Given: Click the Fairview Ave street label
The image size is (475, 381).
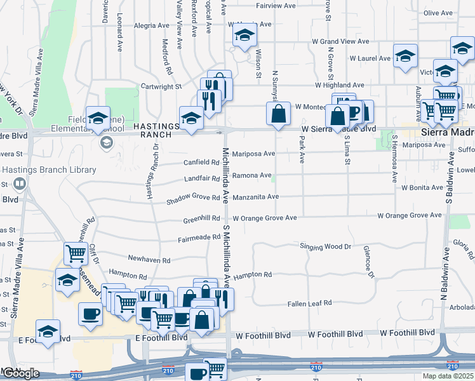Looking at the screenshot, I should point(276,6).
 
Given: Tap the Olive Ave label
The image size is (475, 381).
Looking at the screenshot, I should point(438,13).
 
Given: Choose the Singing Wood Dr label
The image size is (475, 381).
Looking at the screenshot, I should point(325,246).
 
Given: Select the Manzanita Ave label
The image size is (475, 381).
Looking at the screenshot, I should point(255,197).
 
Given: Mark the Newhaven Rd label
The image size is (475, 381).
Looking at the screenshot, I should point(149,260).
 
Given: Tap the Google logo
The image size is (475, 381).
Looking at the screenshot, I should point(21,373).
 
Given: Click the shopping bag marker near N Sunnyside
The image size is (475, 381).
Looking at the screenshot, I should point(278,115).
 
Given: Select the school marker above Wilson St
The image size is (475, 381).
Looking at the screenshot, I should point(244,37).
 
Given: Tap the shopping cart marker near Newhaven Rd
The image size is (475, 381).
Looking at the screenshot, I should point(76,253).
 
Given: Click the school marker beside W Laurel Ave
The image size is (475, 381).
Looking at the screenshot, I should point(405,57).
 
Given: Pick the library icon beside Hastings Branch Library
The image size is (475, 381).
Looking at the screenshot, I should point(19,184).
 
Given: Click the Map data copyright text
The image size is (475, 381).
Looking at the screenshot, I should point(448,376).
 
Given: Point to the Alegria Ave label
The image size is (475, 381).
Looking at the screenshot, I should point(152,26).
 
